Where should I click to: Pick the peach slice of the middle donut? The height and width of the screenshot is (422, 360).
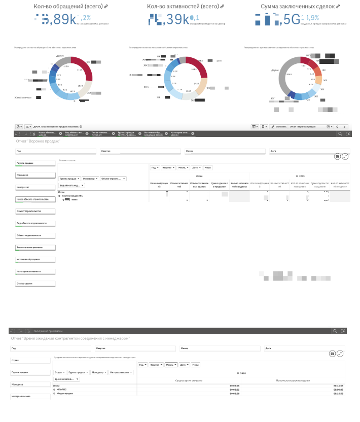click(201, 87)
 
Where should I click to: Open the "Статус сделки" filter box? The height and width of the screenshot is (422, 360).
click(35, 284)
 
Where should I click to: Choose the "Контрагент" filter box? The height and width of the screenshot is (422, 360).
click(35, 187)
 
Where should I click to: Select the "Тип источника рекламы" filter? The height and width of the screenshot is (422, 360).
click(35, 248)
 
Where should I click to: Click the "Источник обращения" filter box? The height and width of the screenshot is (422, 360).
click(35, 259)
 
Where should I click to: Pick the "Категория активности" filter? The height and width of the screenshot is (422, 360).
click(35, 271)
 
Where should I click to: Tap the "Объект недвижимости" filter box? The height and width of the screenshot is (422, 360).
click(35, 235)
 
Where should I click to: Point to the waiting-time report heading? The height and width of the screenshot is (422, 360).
click(70, 338)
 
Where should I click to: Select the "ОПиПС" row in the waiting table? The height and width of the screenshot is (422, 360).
click(63, 390)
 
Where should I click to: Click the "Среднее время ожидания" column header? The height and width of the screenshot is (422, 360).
click(189, 380)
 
